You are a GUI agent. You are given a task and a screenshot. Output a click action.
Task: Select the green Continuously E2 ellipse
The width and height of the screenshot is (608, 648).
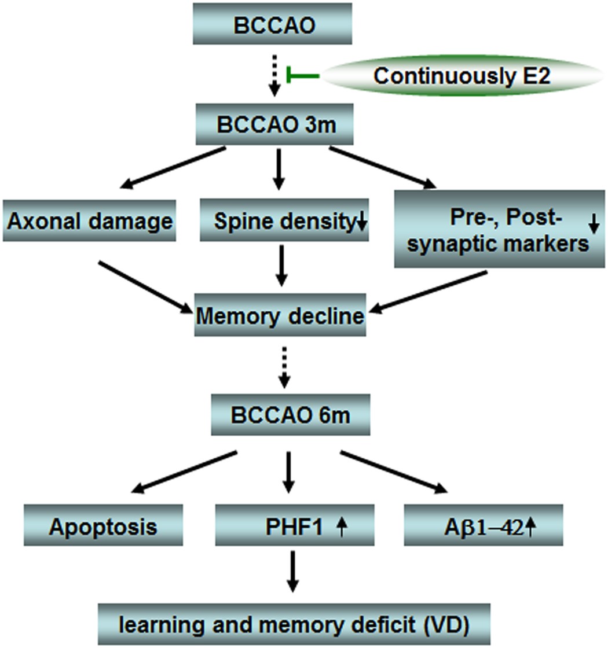pos(461,76)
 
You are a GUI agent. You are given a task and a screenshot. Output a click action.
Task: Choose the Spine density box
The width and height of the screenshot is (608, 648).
pos(284,220)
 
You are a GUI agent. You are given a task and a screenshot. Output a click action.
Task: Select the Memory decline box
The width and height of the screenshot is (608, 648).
pos(280,316)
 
